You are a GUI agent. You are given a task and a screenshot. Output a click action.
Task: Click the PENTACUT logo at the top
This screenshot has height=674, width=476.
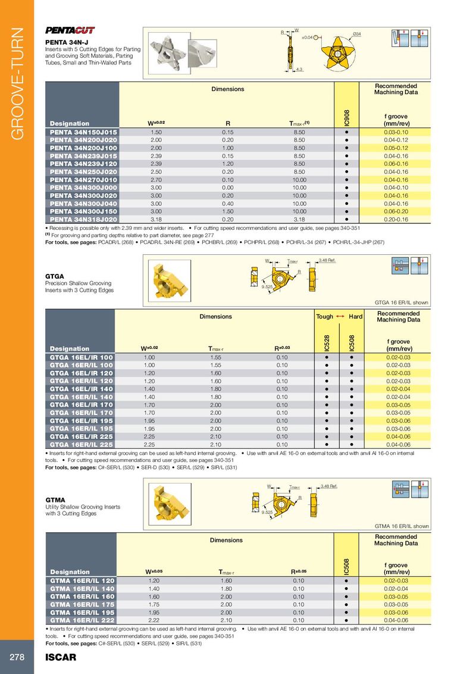pyautogui.click(x=70, y=30)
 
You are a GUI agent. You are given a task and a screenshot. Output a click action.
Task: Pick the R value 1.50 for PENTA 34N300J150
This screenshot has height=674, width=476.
pyautogui.click(x=227, y=211)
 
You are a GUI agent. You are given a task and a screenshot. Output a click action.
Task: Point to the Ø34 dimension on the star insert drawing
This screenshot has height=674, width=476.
pyautogui.click(x=358, y=32)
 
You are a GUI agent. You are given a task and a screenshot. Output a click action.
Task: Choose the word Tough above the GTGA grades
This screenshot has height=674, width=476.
pyautogui.click(x=324, y=317)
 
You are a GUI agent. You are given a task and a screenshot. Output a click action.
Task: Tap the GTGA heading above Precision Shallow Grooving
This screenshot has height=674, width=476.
pyautogui.click(x=55, y=276)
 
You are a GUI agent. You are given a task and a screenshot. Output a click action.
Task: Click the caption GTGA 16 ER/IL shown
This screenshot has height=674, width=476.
pyautogui.click(x=402, y=302)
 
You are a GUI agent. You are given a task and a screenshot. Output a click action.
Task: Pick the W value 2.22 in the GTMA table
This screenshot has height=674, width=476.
pyautogui.click(x=156, y=619)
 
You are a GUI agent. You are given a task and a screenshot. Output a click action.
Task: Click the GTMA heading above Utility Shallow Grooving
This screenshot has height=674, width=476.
pyautogui.click(x=55, y=500)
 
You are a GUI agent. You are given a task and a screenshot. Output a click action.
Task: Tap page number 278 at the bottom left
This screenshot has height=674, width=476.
pyautogui.click(x=16, y=657)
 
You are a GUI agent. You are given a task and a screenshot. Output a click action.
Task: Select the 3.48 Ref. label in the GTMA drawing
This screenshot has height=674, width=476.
pyautogui.click(x=329, y=486)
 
